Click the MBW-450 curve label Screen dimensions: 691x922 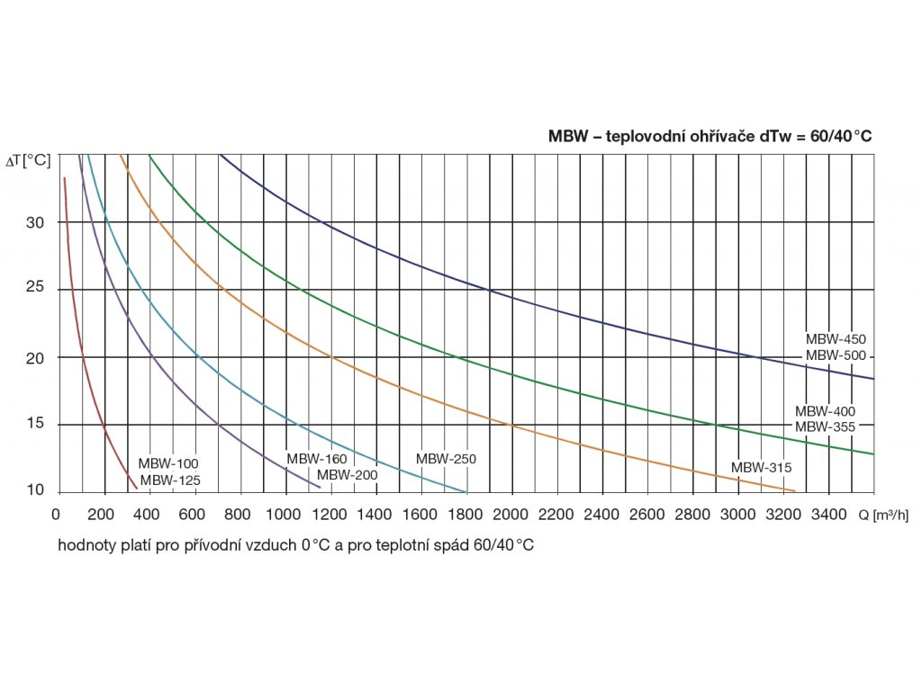pyautogui.click(x=836, y=340)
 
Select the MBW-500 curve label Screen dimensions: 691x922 pyautogui.click(x=836, y=355)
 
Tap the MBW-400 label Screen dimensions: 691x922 pyautogui.click(x=825, y=411)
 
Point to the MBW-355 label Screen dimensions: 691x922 pyautogui.click(x=825, y=426)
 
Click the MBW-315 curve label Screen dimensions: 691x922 pyautogui.click(x=761, y=468)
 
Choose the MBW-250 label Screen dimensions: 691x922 pyautogui.click(x=446, y=459)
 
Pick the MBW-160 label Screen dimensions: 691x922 pyautogui.click(x=317, y=459)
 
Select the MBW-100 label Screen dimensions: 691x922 pyautogui.click(x=168, y=464)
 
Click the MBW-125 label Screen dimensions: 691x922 pyautogui.click(x=170, y=480)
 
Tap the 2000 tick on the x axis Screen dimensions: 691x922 pyautogui.click(x=511, y=516)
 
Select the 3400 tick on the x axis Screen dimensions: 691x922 pyautogui.click(x=829, y=516)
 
